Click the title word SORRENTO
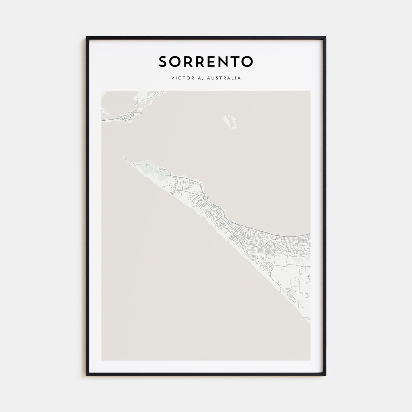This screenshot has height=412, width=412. point(206,61)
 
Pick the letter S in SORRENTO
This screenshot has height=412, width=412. point(163,61)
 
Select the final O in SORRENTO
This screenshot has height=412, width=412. point(247,61)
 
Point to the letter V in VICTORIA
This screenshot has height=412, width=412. point(172,78)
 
